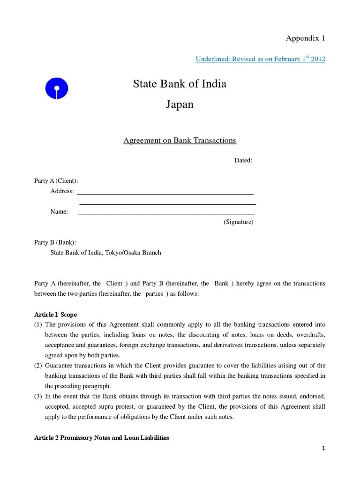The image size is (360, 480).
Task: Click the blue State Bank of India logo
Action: click(x=56, y=88)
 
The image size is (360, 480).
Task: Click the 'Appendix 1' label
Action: click(x=306, y=38)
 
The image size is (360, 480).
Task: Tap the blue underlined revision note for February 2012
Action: click(x=260, y=59)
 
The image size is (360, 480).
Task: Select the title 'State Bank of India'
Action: click(x=180, y=84)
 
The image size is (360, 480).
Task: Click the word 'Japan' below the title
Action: click(x=180, y=104)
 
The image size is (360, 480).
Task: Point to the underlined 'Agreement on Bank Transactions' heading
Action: click(x=180, y=141)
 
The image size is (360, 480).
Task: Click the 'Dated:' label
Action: click(x=243, y=160)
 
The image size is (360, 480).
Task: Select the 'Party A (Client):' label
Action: click(x=56, y=181)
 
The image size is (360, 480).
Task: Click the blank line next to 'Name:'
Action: click(x=166, y=213)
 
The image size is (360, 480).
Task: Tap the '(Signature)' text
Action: click(x=238, y=222)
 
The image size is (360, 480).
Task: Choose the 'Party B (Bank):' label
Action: click(x=55, y=242)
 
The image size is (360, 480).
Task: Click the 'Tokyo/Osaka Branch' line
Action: click(x=105, y=253)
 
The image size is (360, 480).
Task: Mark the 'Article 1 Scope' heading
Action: click(x=56, y=315)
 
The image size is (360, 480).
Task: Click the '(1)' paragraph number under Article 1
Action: click(x=38, y=325)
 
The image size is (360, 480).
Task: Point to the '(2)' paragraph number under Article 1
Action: click(x=38, y=366)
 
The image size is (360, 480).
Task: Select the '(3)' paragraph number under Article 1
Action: click(x=38, y=397)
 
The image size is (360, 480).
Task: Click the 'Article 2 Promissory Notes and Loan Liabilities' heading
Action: click(x=102, y=438)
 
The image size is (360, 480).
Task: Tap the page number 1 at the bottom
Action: click(x=323, y=449)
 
